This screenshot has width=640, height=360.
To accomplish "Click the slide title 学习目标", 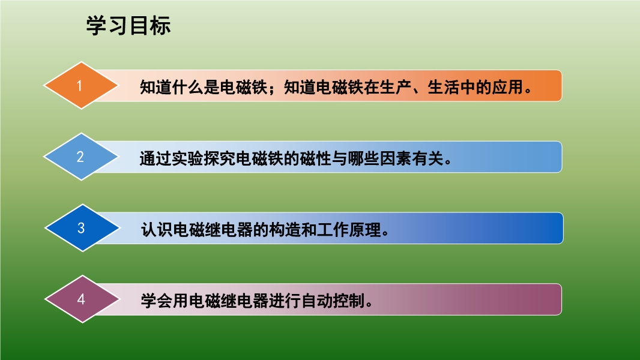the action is (x=128, y=26).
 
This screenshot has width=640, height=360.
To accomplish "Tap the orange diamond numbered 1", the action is (x=81, y=86).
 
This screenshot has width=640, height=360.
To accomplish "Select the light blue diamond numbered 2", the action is (x=81, y=157).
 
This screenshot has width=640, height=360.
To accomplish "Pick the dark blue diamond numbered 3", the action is (x=82, y=228).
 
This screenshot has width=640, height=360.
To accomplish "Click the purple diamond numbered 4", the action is (x=82, y=299).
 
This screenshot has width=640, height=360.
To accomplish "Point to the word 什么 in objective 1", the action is (x=188, y=87).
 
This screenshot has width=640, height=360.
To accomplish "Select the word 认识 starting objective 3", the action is (x=157, y=230).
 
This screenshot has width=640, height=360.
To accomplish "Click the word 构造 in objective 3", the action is (x=285, y=230).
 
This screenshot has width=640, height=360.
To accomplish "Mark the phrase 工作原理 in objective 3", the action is (x=349, y=230).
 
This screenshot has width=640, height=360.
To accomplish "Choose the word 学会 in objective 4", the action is (x=157, y=301).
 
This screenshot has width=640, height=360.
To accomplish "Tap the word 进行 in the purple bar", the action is (x=285, y=301).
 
